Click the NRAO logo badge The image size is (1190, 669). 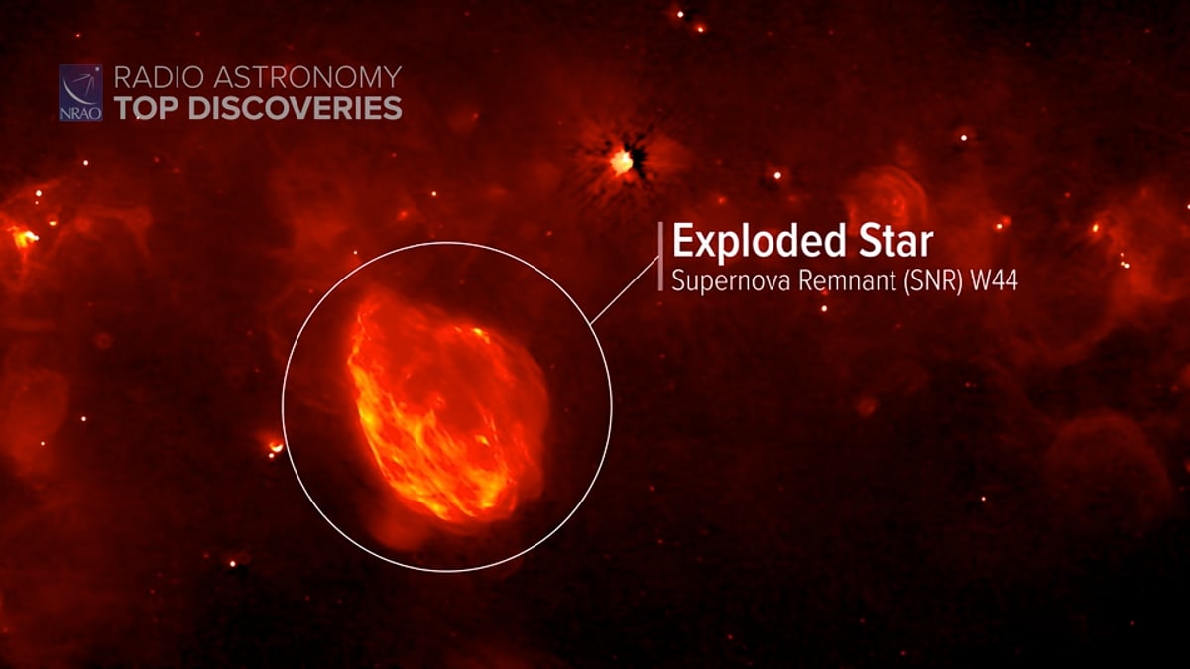(80, 92)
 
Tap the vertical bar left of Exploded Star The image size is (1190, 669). (660, 258)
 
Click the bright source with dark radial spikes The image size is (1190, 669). (623, 161)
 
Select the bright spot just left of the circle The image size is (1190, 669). (273, 447)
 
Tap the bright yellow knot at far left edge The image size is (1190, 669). (22, 237)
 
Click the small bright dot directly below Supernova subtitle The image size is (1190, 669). (823, 308)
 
